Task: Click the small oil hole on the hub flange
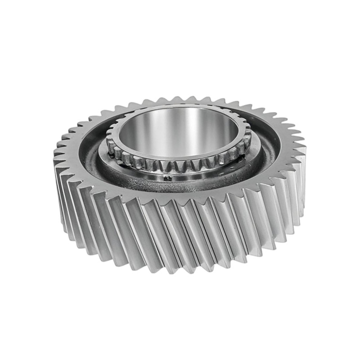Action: [167, 178]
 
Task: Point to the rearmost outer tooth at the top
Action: [180, 98]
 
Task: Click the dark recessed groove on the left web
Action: [92, 153]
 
